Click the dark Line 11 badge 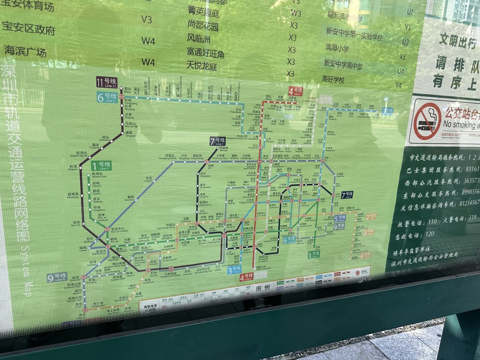106,82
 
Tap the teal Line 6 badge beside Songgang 107,97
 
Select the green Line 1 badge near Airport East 101,165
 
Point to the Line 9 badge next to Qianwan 57,277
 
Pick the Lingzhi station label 148,179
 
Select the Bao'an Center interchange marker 107,229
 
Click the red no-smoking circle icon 427,121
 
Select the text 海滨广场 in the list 25,51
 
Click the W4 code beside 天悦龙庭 148,62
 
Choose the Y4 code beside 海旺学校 398,85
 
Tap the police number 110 432,221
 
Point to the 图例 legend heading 264,288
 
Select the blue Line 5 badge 339,218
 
